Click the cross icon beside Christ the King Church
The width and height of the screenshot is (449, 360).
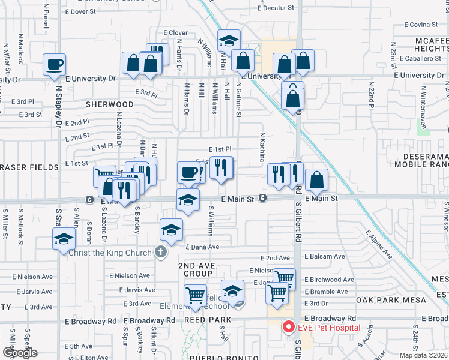coord(160,252)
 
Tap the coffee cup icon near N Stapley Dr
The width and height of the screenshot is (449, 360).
coord(54,64)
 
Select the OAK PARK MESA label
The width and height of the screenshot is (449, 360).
coord(390,299)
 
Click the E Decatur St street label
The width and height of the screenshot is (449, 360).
coord(276,8)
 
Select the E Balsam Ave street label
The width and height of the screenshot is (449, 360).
coord(325,256)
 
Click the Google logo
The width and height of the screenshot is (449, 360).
coord(20,352)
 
